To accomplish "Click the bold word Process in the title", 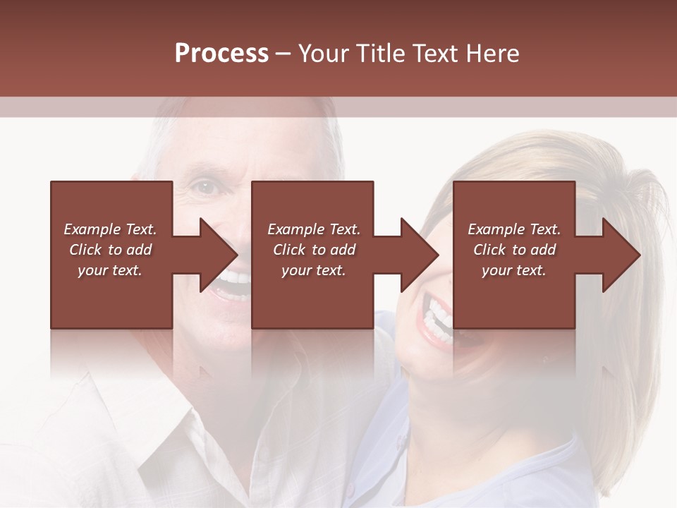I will click(221, 54).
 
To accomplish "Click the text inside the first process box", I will click(110, 250).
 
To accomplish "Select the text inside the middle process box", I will click(314, 250).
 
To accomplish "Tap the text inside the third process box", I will click(514, 250).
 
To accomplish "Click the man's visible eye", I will click(204, 188).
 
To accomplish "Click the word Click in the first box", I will click(86, 250).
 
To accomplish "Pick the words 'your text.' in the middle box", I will click(314, 270).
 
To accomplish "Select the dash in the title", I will click(283, 54).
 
